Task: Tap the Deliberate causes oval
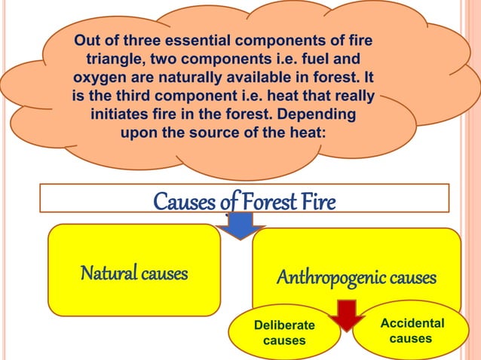284,333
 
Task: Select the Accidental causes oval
412,331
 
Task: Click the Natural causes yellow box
134,270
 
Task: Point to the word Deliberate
284,325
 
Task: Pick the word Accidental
412,323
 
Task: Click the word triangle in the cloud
115,58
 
